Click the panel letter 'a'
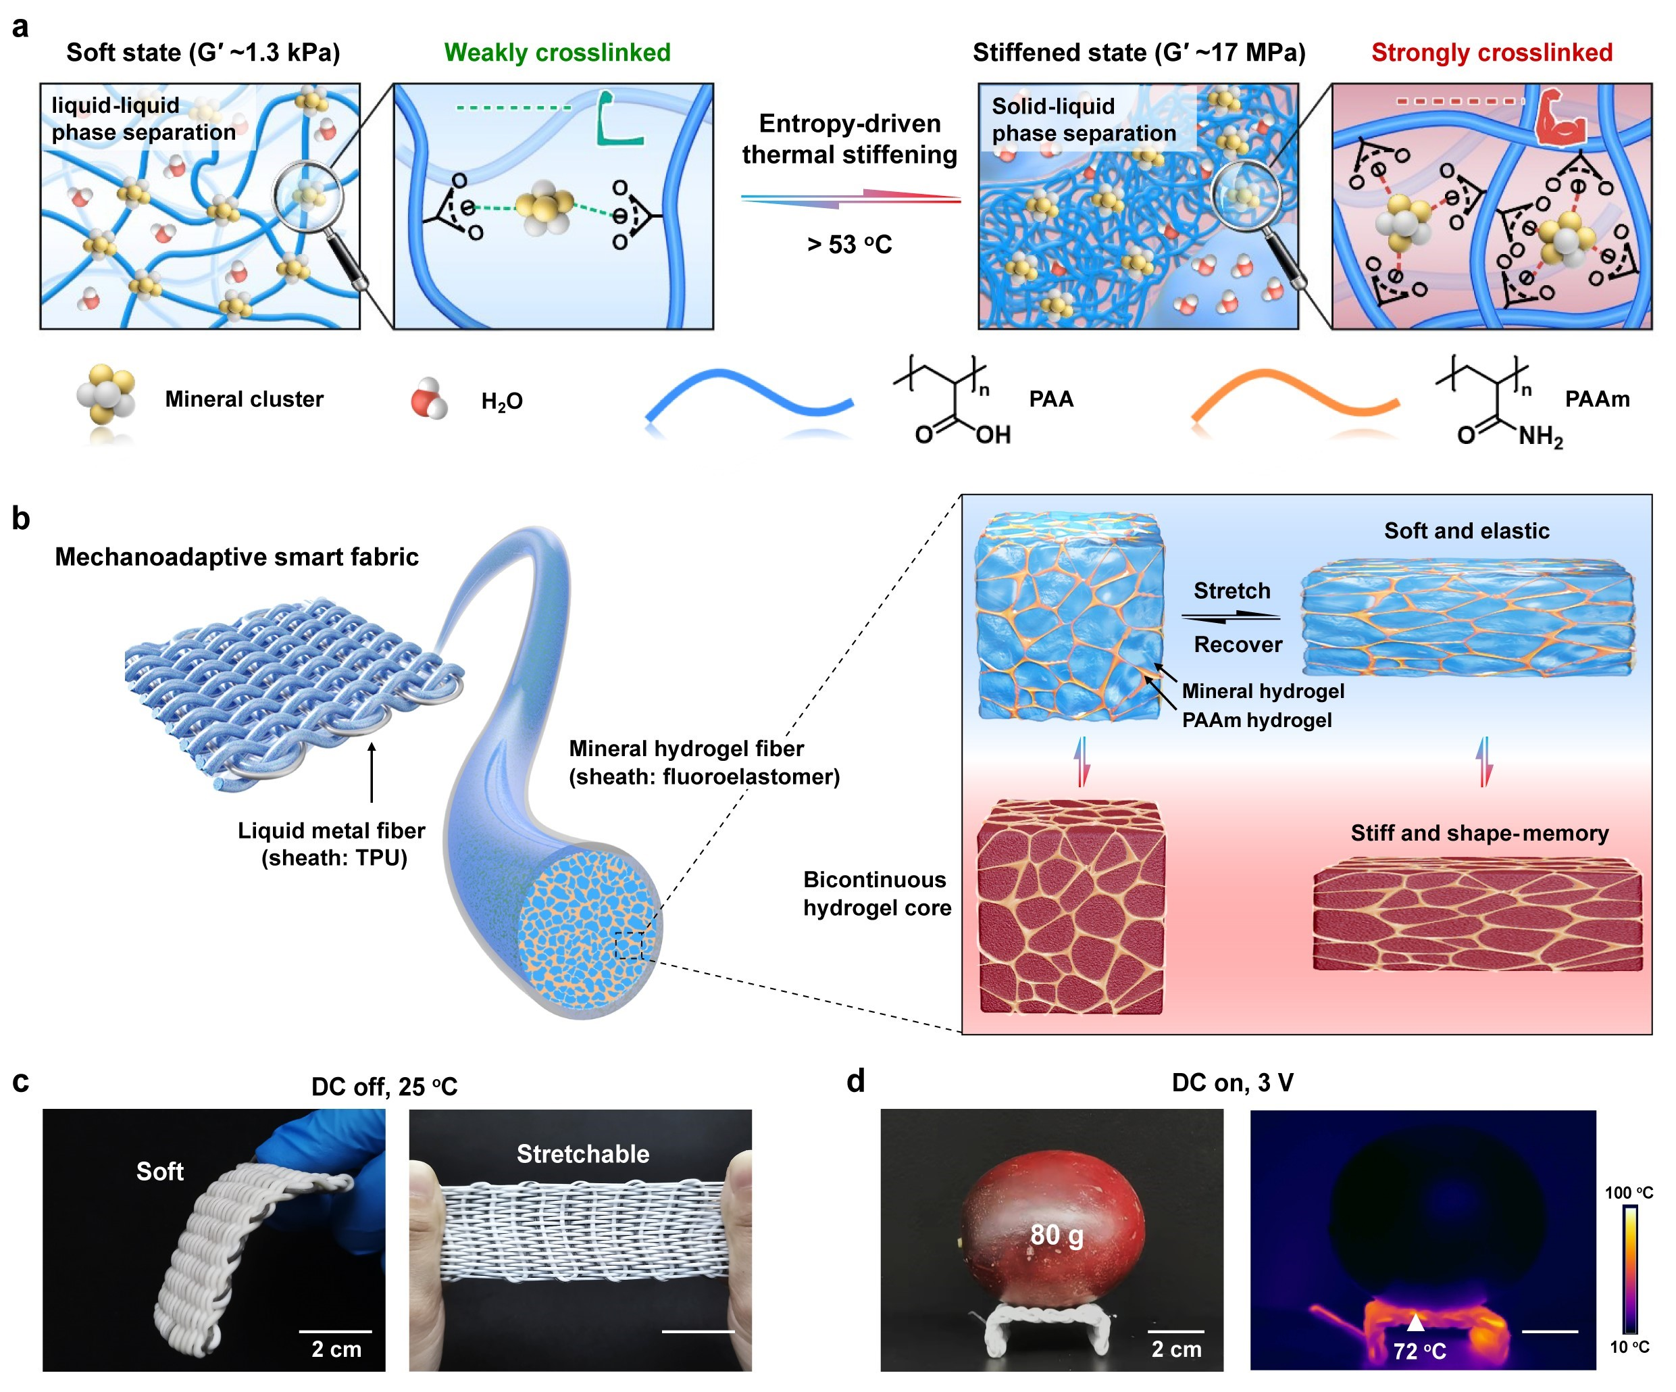pos(20,27)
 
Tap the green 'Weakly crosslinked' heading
pos(557,53)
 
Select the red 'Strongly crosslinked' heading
pos(1492,53)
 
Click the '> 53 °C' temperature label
pos(849,244)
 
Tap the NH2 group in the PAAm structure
pos(1540,437)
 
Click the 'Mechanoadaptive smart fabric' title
pos(236,556)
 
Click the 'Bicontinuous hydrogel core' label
pos(877,893)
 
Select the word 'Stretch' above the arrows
pos(1231,591)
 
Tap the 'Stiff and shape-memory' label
pos(1479,833)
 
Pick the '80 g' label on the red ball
pos(1057,1235)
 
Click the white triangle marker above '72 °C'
pos(1415,1322)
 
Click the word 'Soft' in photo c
pos(159,1171)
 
